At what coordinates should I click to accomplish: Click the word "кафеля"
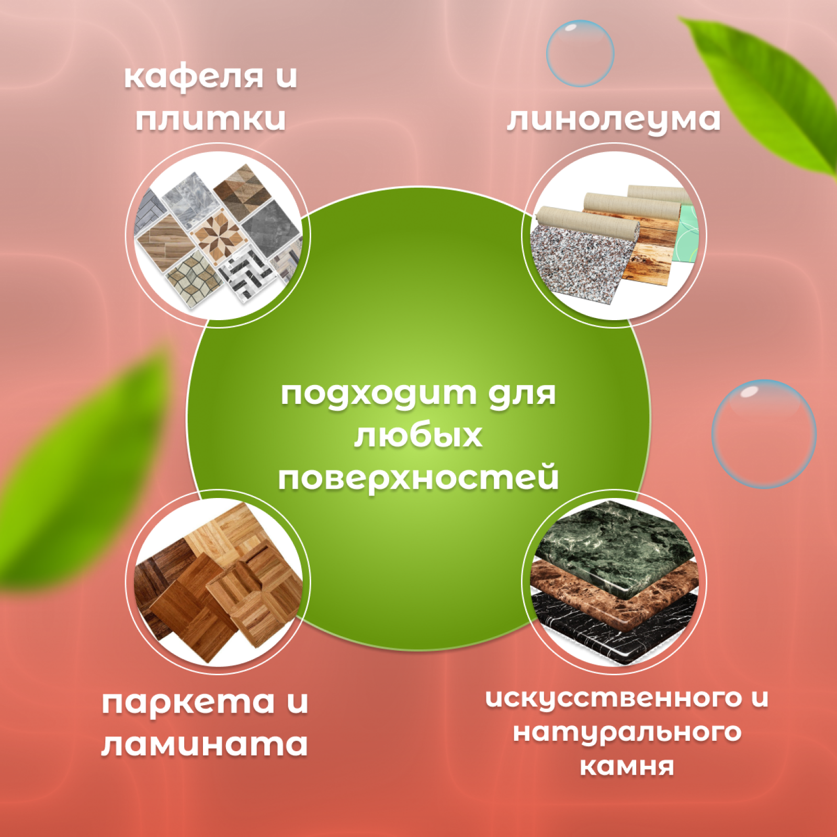click(x=194, y=76)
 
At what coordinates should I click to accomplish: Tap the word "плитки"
click(x=211, y=119)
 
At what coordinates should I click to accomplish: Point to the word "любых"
click(x=418, y=435)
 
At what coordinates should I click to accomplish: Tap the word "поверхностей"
click(x=418, y=478)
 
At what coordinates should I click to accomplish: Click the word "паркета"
click(x=188, y=703)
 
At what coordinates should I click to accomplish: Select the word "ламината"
click(x=205, y=744)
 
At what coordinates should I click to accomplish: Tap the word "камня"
click(x=627, y=766)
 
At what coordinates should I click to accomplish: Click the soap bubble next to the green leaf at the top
click(x=580, y=53)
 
